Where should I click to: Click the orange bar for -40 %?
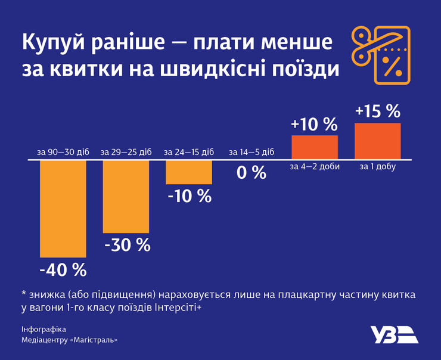[63, 209]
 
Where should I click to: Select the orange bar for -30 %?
[126, 197]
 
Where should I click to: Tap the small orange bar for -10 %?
[189, 173]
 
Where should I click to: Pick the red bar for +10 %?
[315, 148]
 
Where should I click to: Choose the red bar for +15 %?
[378, 141]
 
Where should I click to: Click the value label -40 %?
[63, 269]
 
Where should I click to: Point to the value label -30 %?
[127, 245]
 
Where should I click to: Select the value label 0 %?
[251, 173]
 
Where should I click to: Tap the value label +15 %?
[378, 111]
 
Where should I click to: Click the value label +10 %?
[314, 125]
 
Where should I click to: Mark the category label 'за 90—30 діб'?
[63, 153]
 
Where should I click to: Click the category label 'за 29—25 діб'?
[126, 153]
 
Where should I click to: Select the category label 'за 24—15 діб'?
[189, 153]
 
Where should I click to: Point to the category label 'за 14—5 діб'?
[251, 153]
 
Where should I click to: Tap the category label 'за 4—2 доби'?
[315, 167]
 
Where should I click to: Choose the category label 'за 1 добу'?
[378, 167]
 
